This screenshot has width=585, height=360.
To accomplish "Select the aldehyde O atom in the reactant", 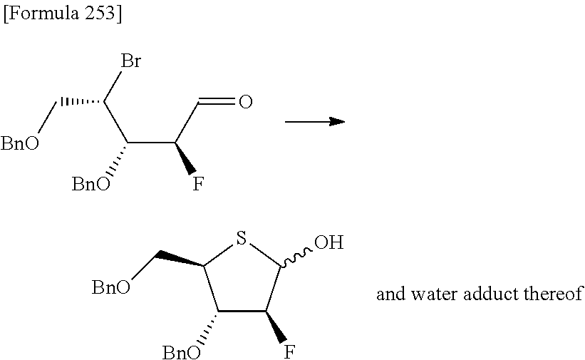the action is (245, 103).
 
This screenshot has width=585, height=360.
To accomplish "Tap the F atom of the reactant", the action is (199, 184).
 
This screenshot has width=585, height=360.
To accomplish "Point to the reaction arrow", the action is (314, 122).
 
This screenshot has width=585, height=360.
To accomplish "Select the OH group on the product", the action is (328, 243).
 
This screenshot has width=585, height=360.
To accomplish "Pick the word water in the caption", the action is (428, 294).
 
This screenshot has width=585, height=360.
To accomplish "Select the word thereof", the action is (552, 294).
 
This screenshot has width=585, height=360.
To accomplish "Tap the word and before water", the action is (388, 294).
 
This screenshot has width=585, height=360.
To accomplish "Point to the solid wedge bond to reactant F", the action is (185, 158).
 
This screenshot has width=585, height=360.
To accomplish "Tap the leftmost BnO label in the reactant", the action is (20, 145).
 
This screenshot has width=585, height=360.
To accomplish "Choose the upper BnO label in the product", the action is (111, 287).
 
